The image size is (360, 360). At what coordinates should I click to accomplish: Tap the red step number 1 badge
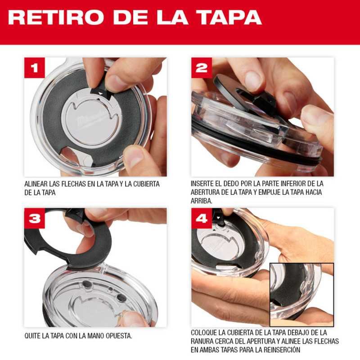35,68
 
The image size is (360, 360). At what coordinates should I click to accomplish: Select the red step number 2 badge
201,68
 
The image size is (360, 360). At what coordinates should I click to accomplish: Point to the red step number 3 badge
35,218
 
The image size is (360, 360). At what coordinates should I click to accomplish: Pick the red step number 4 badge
201,218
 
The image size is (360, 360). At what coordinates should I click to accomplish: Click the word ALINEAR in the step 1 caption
36,184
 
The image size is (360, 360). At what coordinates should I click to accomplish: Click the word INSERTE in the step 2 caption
202,184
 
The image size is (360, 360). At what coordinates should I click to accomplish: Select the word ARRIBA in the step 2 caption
201,201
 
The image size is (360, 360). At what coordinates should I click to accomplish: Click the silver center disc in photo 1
92,120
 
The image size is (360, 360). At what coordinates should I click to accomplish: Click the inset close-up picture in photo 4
301,295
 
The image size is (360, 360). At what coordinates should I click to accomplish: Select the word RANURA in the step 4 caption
202,341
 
